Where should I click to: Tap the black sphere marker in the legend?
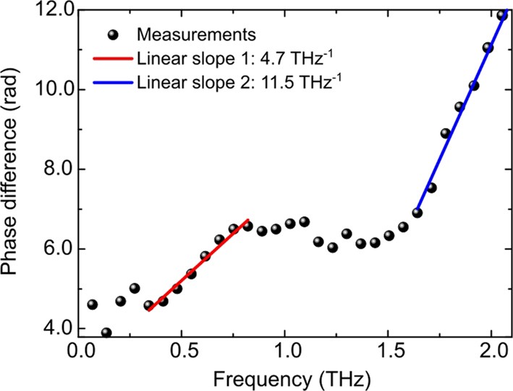pos(112,34)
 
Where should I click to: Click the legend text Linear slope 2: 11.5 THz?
pos(239,82)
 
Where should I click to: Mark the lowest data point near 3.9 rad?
pos(106,333)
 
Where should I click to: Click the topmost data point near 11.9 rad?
pos(501,15)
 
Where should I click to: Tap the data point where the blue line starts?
pos(417,212)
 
